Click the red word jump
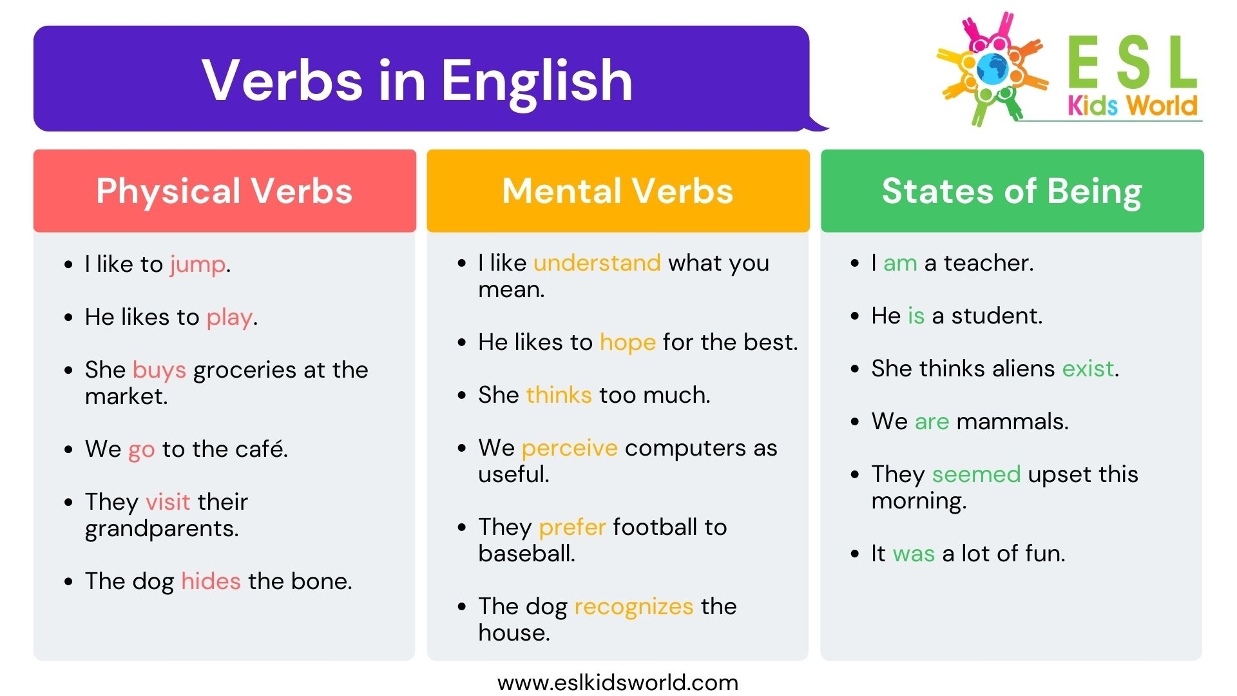click(197, 265)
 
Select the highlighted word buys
click(159, 371)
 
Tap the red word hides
click(211, 581)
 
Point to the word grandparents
click(161, 529)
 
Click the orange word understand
click(597, 263)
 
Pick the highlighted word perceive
click(569, 448)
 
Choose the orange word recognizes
click(633, 606)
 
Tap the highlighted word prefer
click(572, 527)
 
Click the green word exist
click(1088, 369)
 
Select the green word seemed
click(976, 474)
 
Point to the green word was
click(914, 554)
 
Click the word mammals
click(1012, 421)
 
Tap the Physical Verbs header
click(224, 191)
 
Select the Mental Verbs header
click(618, 191)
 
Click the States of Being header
click(1012, 191)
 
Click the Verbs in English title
click(417, 80)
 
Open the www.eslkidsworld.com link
click(618, 682)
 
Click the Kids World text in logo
click(1132, 106)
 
